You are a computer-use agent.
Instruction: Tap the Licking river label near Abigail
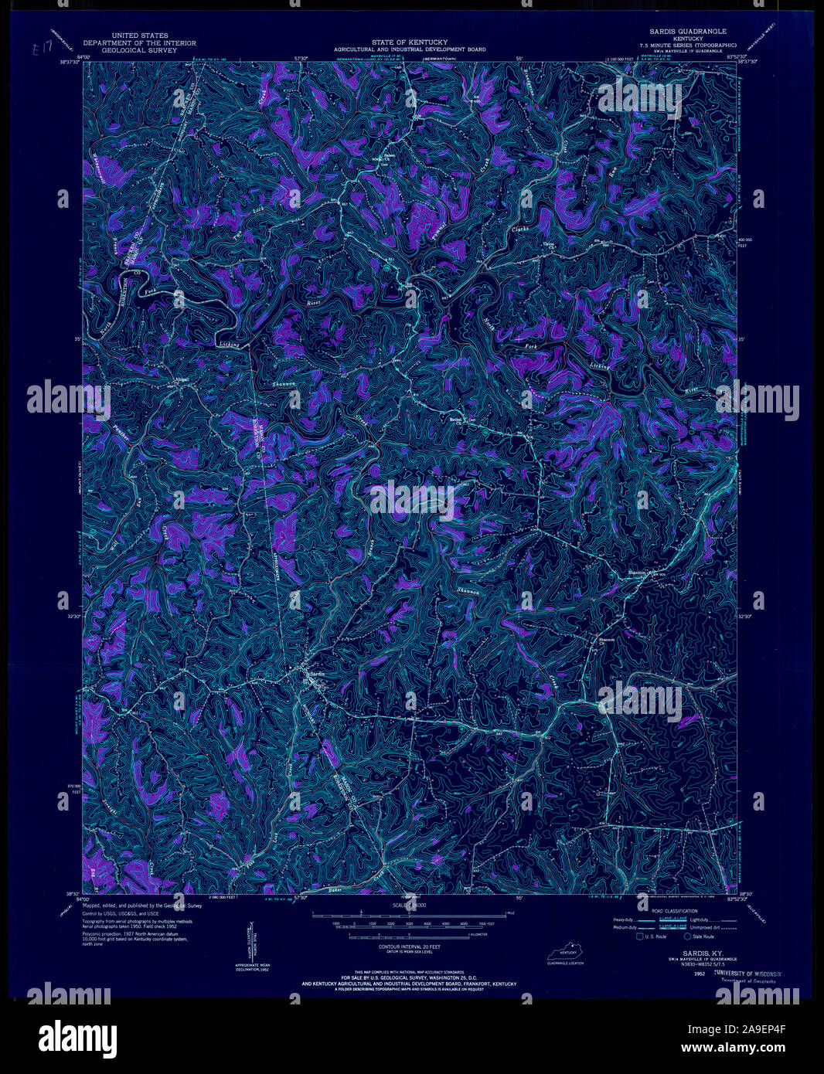click(227, 344)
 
